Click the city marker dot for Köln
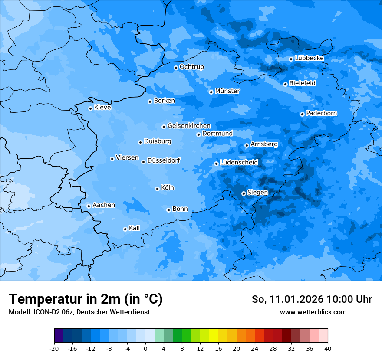(157, 189)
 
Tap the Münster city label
(227, 91)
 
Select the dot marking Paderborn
(302, 114)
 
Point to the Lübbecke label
(309, 58)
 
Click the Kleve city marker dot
(90, 108)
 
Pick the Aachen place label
(104, 205)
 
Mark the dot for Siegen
(244, 193)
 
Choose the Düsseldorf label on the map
(163, 160)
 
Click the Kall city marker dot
(125, 229)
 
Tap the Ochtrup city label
(191, 67)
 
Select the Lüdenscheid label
(239, 163)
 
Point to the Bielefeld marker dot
(285, 84)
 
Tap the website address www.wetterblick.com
(313, 312)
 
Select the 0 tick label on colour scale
(145, 349)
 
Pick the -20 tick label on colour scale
(54, 349)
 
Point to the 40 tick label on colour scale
(327, 349)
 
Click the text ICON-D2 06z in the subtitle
(54, 312)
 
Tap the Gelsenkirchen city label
(189, 126)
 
